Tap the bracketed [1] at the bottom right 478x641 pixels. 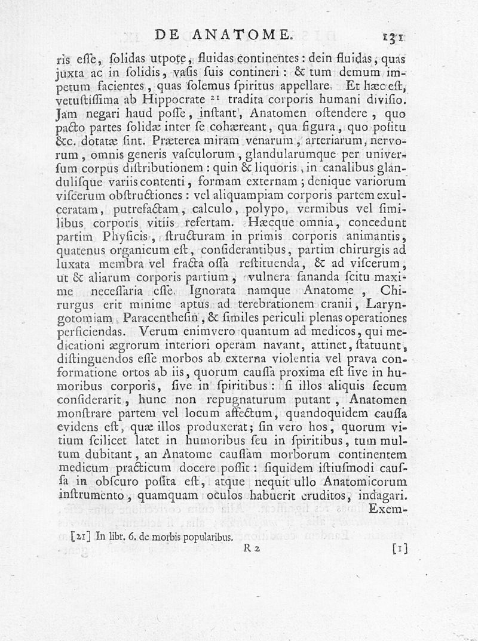[399, 548]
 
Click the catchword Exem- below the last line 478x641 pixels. [388, 510]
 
